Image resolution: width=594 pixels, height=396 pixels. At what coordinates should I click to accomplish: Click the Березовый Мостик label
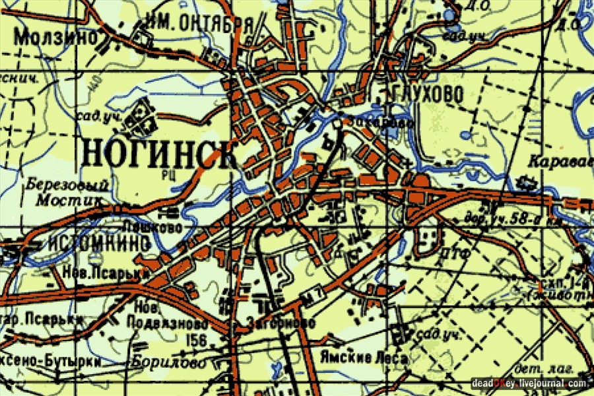(65, 191)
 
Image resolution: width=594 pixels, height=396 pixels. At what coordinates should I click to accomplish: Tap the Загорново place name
(281, 323)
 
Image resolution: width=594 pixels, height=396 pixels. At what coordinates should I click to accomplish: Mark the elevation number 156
(197, 340)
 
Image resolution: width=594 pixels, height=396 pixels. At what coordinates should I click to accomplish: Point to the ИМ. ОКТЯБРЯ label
(201, 24)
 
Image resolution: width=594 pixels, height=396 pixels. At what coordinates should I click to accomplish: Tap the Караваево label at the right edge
(561, 160)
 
